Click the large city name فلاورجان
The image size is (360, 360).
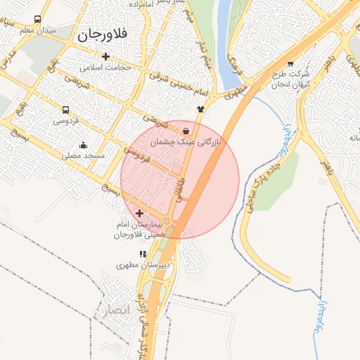(x=105, y=34)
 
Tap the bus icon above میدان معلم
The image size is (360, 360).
(x=37, y=20)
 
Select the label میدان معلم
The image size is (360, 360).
(x=37, y=31)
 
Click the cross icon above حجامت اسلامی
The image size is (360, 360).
(x=105, y=57)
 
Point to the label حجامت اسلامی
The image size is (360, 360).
(x=105, y=68)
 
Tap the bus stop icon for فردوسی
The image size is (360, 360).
(x=65, y=110)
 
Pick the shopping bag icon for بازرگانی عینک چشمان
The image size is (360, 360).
(x=185, y=131)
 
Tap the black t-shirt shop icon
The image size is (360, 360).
(x=200, y=109)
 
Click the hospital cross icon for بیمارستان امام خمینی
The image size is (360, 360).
(x=139, y=213)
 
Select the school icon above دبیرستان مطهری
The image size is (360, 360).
(x=143, y=254)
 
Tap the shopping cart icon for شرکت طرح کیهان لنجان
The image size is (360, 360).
(x=290, y=63)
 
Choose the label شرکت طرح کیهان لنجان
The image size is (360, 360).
(x=289, y=79)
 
